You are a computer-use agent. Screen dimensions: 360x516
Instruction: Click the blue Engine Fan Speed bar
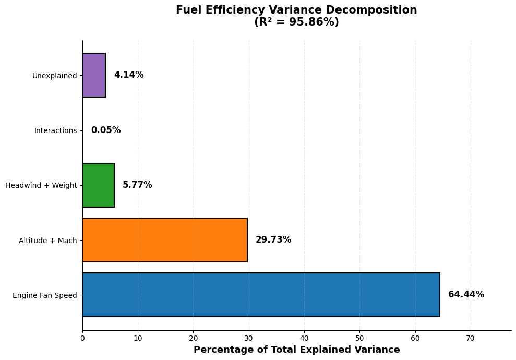pyautogui.click(x=261, y=295)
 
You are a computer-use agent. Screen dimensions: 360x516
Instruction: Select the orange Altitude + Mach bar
pyautogui.click(x=165, y=240)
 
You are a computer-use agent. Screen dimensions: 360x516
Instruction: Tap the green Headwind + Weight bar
pyautogui.click(x=98, y=185)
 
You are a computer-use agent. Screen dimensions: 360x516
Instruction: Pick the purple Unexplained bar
pyautogui.click(x=94, y=75)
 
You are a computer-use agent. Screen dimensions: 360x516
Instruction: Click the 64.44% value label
pyautogui.click(x=466, y=295)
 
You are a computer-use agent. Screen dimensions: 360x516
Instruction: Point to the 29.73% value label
pyautogui.click(x=273, y=240)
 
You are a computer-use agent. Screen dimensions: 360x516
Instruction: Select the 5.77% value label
pyautogui.click(x=137, y=185)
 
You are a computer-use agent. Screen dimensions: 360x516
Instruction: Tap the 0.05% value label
pyautogui.click(x=106, y=130)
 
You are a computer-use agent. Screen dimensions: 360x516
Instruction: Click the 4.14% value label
pyautogui.click(x=129, y=75)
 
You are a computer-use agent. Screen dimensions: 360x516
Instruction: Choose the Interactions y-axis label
pyautogui.click(x=55, y=130)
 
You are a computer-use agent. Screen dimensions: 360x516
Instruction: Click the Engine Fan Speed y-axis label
pyautogui.click(x=44, y=295)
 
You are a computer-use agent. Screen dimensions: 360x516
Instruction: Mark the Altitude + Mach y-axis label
pyautogui.click(x=47, y=241)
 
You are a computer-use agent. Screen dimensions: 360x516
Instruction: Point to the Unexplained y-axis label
pyautogui.click(x=54, y=76)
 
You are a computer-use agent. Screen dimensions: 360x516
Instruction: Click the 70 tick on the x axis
pyautogui.click(x=471, y=338)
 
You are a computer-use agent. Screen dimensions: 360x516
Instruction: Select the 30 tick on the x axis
pyautogui.click(x=249, y=338)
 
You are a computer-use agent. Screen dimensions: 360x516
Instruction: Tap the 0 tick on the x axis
pyautogui.click(x=82, y=338)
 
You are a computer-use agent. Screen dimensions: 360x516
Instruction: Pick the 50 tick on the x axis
pyautogui.click(x=359, y=338)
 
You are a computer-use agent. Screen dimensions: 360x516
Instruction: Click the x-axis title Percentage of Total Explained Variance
pyautogui.click(x=296, y=350)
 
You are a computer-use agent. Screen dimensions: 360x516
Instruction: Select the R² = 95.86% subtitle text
pyautogui.click(x=296, y=22)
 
